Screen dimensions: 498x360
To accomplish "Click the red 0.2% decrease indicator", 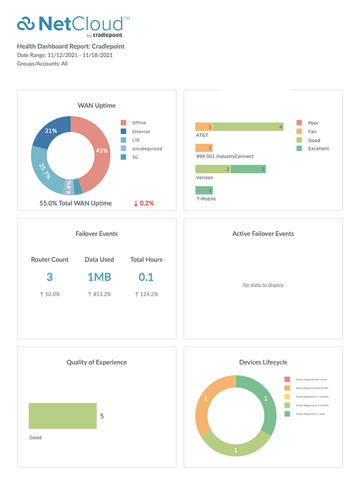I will point(144,203).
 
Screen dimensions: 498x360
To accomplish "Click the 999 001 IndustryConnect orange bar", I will point(204,148).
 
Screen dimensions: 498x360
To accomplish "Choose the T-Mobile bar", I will point(204,190).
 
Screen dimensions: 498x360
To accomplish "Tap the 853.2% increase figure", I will point(99,294).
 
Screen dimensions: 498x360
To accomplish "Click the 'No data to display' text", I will point(263,285).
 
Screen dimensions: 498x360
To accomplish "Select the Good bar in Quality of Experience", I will point(62,417).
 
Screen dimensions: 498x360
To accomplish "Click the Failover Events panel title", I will point(97,234).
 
